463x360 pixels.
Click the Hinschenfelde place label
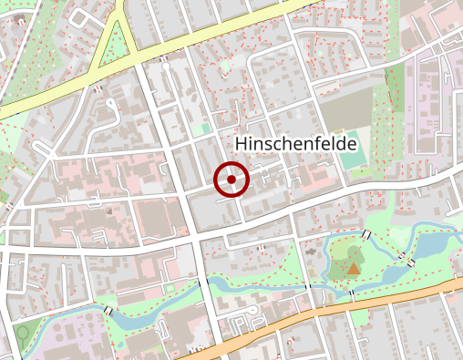[x=295, y=144]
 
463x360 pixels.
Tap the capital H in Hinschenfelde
[x=242, y=144]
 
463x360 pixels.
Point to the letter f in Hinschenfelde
[x=314, y=144]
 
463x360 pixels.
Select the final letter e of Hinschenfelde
[x=351, y=145]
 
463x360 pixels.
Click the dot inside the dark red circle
[x=231, y=180]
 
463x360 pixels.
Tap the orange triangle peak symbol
[x=354, y=268]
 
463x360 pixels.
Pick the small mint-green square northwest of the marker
[x=207, y=129]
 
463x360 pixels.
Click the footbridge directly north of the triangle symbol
[x=365, y=236]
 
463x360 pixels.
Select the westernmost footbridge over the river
[x=110, y=312]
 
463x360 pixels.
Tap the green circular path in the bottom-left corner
[x=22, y=333]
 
